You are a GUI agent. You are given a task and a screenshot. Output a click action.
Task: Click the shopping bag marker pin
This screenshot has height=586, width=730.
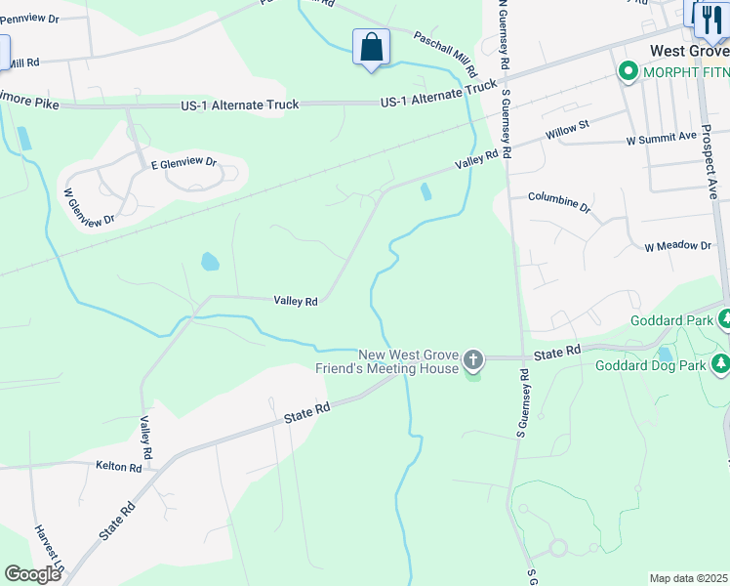click(x=371, y=47)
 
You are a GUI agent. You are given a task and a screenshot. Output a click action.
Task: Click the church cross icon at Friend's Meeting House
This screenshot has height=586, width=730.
click(x=472, y=361)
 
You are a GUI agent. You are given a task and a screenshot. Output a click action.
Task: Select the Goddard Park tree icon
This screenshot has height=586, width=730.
click(x=724, y=319)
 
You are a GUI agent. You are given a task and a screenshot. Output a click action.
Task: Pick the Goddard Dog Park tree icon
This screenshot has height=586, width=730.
click(x=720, y=365)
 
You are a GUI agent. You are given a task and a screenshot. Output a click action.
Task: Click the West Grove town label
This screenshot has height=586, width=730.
click(x=689, y=49)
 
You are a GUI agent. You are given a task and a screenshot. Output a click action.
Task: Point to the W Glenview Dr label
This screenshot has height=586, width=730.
click(x=89, y=206)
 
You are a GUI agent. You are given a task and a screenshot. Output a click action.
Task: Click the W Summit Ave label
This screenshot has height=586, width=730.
click(x=662, y=139)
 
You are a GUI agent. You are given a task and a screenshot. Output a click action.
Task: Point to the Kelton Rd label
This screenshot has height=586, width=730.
click(x=119, y=467)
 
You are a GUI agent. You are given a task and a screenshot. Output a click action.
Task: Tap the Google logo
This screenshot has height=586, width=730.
click(x=32, y=574)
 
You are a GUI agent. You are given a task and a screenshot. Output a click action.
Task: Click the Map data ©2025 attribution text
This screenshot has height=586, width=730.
click(x=688, y=578)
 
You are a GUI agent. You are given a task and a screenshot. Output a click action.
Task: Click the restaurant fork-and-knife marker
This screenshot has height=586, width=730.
click(x=710, y=18)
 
